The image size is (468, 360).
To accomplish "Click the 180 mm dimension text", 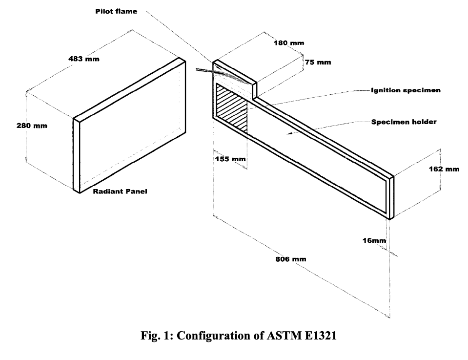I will tap(289, 43).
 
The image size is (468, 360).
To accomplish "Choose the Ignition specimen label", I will tap(406, 90).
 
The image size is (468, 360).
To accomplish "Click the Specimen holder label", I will tap(404, 122).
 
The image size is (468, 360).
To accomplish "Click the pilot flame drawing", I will tap(225, 74).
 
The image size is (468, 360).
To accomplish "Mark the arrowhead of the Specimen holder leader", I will tap(288, 132).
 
